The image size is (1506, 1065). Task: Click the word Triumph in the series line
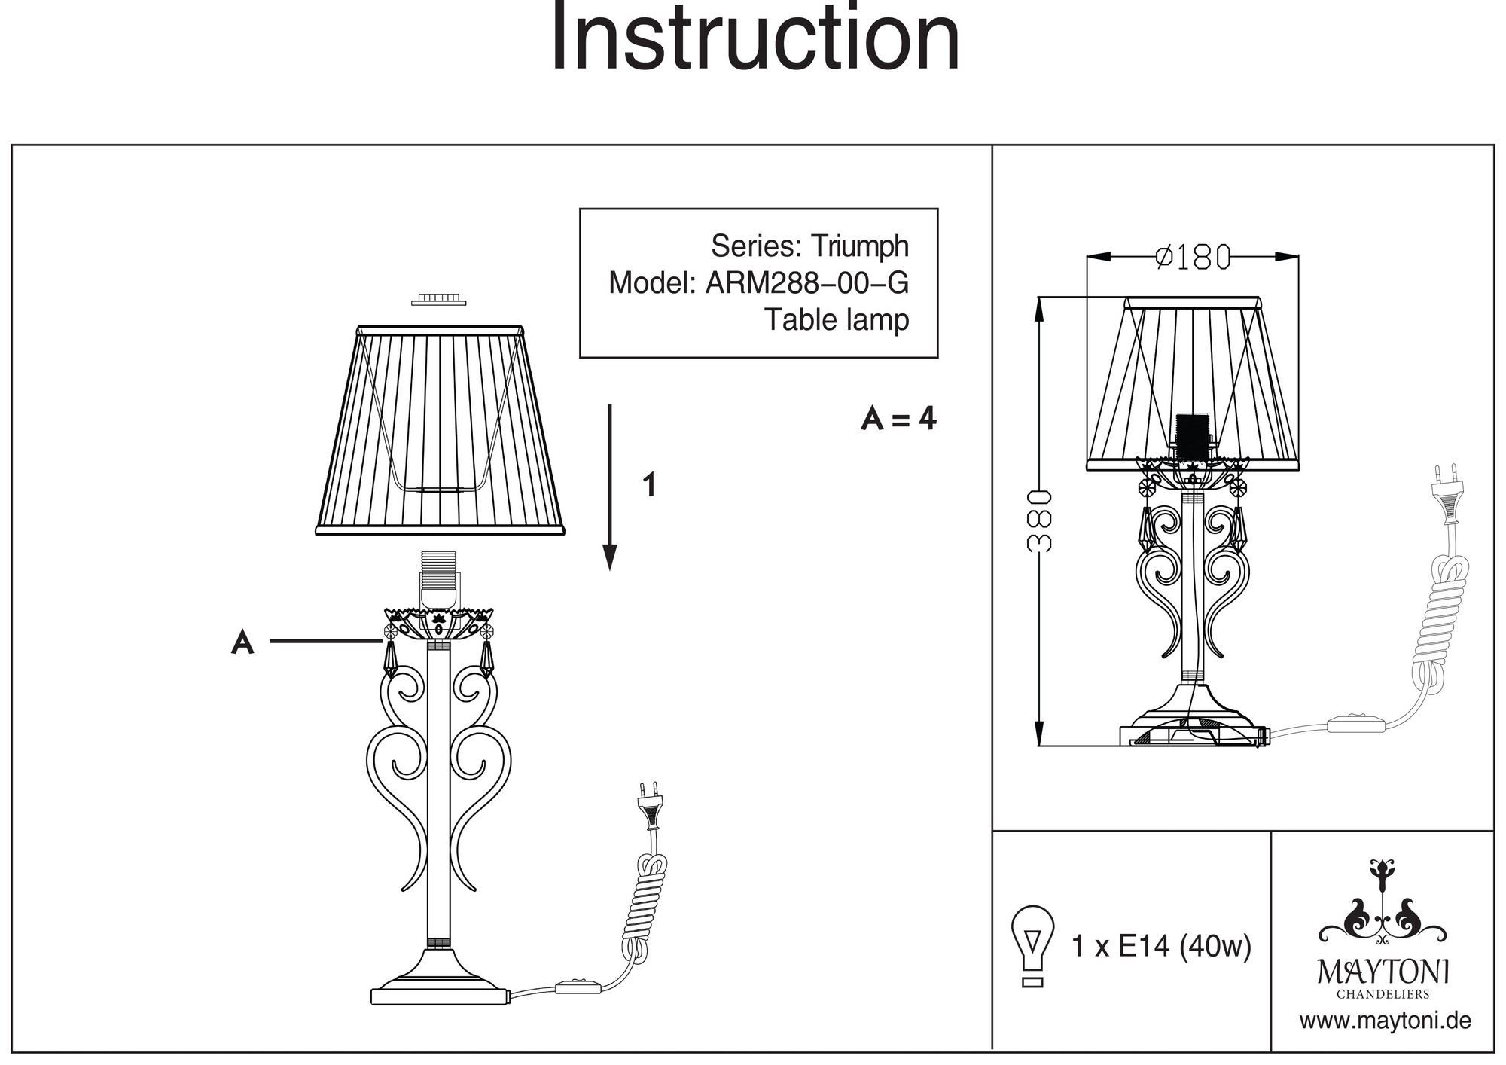859,246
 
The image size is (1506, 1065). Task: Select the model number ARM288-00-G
806,283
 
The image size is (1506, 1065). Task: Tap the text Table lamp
837,319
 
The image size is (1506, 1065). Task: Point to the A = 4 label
898,418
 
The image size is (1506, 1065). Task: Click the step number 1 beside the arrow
649,484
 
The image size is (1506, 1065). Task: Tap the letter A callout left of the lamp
242,642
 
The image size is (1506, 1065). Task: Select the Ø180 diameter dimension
1193,258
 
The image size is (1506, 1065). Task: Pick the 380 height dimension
1039,521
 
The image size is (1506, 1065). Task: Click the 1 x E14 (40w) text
1160,946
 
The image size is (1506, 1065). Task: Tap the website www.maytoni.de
1385,1021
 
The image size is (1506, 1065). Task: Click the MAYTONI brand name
1383,972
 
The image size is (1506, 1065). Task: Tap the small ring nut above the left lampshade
438,300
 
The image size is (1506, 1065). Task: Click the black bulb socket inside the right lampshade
1191,435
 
